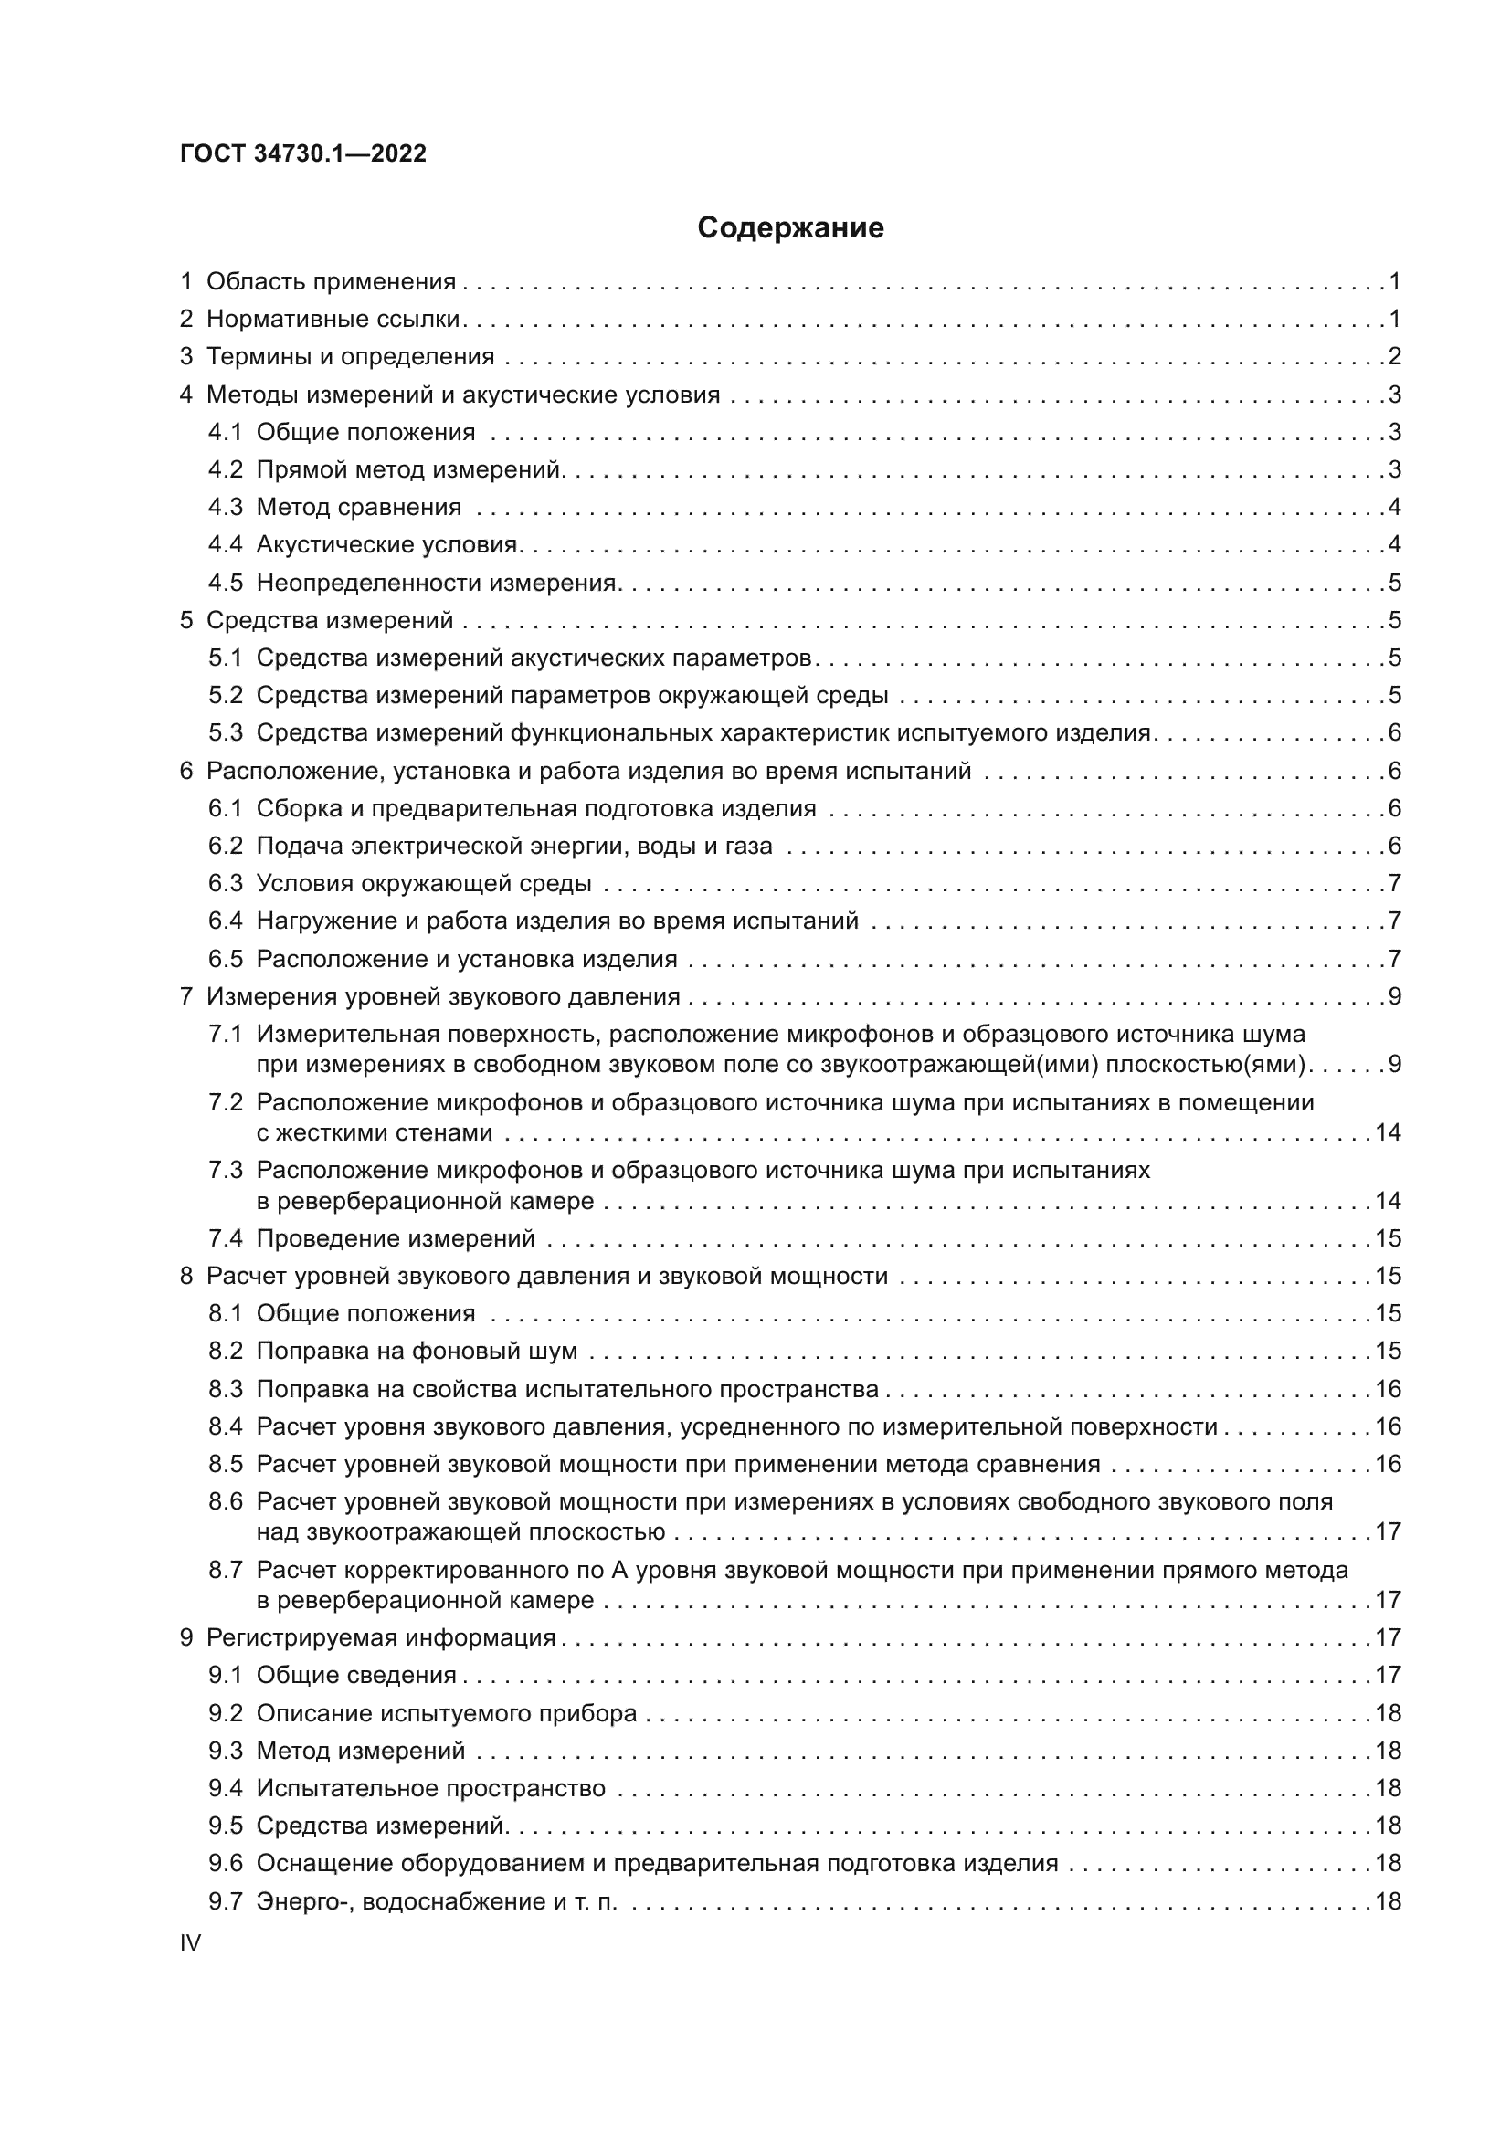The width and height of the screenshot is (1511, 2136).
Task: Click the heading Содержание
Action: pyautogui.click(x=790, y=228)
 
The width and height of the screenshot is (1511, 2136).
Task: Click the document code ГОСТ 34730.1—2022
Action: pyautogui.click(x=303, y=153)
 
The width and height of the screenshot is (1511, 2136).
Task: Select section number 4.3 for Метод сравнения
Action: pyautogui.click(x=225, y=507)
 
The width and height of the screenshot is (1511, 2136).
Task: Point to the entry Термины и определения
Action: pyautogui.click(x=350, y=356)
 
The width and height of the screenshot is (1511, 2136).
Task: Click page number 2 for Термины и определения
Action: pyautogui.click(x=1394, y=356)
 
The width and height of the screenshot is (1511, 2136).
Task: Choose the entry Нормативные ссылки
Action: pyautogui.click(x=333, y=319)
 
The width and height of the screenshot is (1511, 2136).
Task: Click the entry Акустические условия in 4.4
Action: pyautogui.click(x=386, y=544)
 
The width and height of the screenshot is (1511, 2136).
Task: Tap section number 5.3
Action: pyautogui.click(x=225, y=732)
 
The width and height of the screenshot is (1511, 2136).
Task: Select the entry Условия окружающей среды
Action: pyautogui.click(x=423, y=883)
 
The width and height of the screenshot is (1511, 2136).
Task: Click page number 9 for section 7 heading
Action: pyautogui.click(x=1394, y=996)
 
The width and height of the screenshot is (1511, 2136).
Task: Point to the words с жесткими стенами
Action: pyautogui.click(x=374, y=1132)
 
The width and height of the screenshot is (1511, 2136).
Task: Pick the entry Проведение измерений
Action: pyautogui.click(x=396, y=1238)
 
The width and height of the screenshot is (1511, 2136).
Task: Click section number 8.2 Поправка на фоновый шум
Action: pyautogui.click(x=225, y=1351)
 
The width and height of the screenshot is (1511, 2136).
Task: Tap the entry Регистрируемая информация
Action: pyautogui.click(x=381, y=1637)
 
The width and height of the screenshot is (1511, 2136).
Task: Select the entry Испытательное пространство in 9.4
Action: pyautogui.click(x=431, y=1788)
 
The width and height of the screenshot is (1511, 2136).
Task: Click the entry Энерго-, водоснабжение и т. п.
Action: pyautogui.click(x=437, y=1901)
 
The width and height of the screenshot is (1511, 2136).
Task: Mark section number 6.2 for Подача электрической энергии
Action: pyautogui.click(x=225, y=846)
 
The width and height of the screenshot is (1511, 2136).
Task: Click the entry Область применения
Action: pyautogui.click(x=331, y=281)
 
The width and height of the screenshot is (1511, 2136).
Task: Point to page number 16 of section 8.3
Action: pyautogui.click(x=1388, y=1389)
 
